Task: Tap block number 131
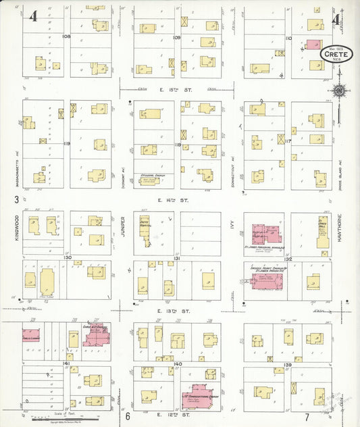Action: [x=178, y=258]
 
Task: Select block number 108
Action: [x=66, y=36]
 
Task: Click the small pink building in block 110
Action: [x=313, y=44]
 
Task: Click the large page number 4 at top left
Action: [x=32, y=16]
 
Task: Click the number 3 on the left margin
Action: [x=16, y=199]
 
